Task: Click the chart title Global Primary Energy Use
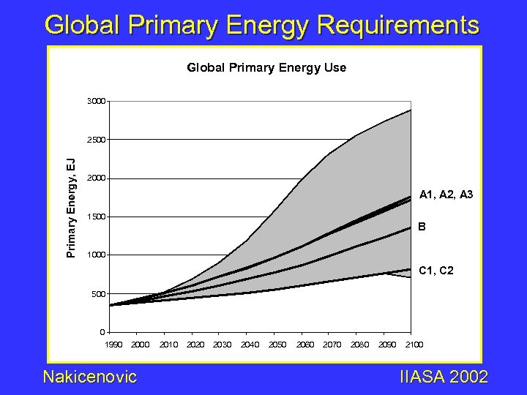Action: point(266,68)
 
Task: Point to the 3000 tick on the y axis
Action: point(95,100)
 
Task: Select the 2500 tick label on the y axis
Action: point(95,139)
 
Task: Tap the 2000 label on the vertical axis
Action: point(95,178)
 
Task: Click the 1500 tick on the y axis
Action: point(95,217)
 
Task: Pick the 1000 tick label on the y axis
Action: point(95,255)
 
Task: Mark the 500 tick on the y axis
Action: point(97,294)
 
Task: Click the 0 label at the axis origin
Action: point(103,333)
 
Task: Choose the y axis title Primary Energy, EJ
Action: point(71,208)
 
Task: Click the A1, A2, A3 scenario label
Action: point(446,195)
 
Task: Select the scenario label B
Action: point(422,227)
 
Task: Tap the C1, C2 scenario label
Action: point(436,271)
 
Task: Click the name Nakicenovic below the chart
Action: point(90,377)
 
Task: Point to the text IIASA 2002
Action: point(444,377)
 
